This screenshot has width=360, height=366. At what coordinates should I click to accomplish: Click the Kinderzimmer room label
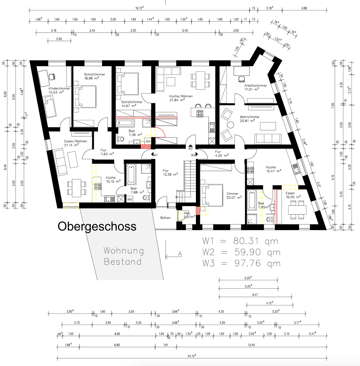tap(59, 88)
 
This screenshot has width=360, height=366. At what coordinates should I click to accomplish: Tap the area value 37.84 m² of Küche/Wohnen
tap(178, 100)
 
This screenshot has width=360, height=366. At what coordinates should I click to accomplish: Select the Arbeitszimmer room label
tap(255, 86)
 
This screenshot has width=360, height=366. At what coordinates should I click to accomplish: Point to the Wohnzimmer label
tap(249, 117)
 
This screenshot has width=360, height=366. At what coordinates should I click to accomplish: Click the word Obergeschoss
tap(97, 226)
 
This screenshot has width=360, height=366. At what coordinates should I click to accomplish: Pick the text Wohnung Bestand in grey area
tap(123, 256)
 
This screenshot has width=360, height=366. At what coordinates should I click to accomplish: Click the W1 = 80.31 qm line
tap(240, 241)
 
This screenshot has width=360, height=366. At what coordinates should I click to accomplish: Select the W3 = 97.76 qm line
tap(241, 263)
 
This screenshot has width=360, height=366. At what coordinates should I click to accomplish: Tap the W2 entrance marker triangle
tap(191, 146)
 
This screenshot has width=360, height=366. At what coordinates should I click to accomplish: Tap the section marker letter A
tap(180, 253)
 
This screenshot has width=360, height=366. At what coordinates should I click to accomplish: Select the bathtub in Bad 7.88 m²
tap(131, 174)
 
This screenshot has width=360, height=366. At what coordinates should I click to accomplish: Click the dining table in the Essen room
tap(297, 209)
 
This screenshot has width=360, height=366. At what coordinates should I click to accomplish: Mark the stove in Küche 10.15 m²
tap(97, 186)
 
